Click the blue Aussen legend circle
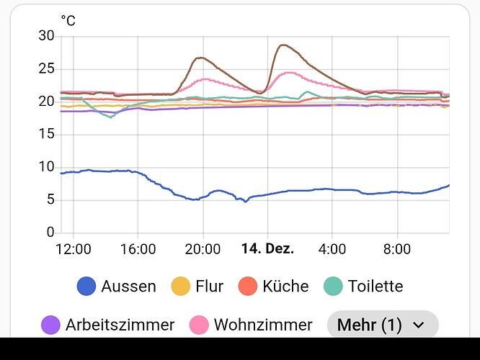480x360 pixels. tap(86, 286)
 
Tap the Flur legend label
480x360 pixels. tap(209, 286)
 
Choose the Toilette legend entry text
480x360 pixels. tap(375, 286)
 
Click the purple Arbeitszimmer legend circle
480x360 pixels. tap(51, 325)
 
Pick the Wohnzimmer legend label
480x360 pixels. tap(263, 325)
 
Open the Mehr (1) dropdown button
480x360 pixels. tap(383, 325)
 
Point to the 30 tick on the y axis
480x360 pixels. tap(46, 36)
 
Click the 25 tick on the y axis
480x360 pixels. tap(46, 69)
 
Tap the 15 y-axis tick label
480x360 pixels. tap(46, 135)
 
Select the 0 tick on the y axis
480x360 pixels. tap(50, 233)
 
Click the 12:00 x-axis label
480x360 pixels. tap(74, 249)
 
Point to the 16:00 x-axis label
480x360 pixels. tap(138, 249)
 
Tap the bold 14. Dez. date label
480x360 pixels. tap(267, 249)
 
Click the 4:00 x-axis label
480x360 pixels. tap(332, 249)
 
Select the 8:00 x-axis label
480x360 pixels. tap(397, 249)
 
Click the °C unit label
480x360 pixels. tap(68, 20)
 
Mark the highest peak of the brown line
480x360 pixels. tap(282, 45)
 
